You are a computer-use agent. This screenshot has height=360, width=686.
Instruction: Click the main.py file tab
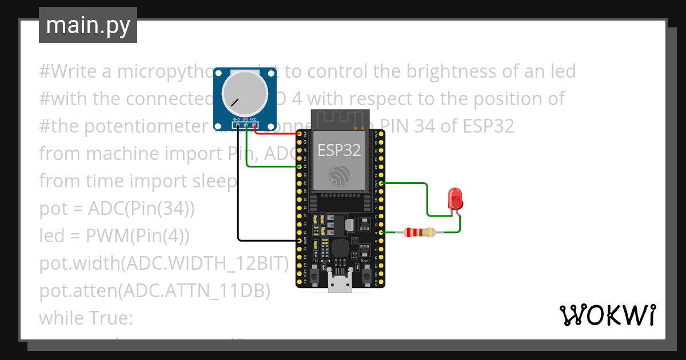[x=88, y=25]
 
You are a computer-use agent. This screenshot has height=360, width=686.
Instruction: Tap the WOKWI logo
[x=607, y=315]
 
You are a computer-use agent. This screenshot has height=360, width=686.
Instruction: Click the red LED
[x=456, y=198]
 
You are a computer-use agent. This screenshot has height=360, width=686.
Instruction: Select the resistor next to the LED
[x=419, y=233]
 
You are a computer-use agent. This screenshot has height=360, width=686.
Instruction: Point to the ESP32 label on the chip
[x=340, y=150]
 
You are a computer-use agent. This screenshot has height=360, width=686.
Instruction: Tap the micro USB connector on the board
[x=341, y=283]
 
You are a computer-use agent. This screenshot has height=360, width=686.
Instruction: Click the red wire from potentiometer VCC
[x=274, y=134]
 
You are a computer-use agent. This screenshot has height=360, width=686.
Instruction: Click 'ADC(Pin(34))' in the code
[x=141, y=209]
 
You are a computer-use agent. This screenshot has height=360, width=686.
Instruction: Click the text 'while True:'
[x=86, y=318]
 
